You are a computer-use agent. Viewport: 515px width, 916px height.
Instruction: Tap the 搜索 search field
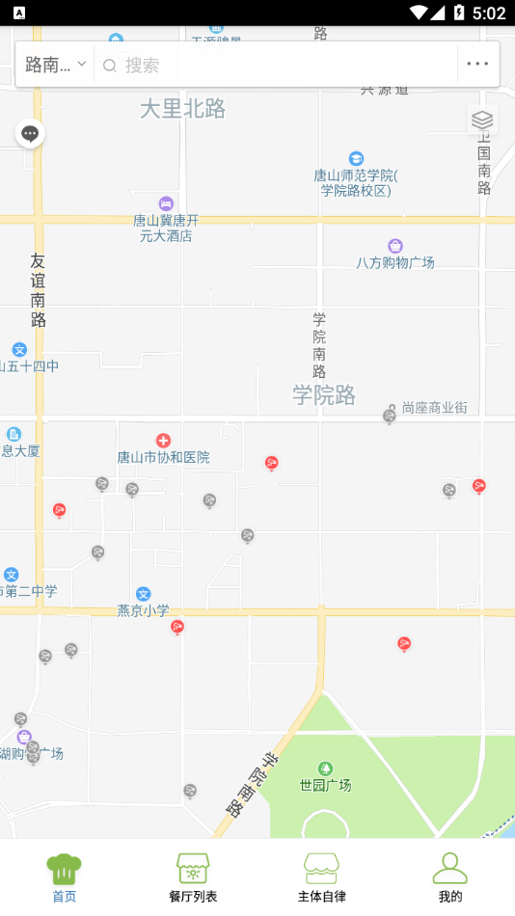point(280,65)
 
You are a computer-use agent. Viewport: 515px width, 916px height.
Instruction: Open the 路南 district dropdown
point(55,65)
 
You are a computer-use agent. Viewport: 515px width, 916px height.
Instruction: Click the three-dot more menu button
point(477,65)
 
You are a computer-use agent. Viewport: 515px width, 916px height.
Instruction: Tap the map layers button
point(482,120)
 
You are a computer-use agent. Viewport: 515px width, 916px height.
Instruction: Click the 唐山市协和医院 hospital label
point(163,457)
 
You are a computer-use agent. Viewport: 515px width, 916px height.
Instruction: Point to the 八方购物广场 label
point(395,262)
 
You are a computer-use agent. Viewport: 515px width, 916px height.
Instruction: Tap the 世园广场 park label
point(325,785)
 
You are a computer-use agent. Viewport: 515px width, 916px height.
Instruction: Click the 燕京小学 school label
point(143,609)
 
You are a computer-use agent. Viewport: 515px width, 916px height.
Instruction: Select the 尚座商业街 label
point(434,408)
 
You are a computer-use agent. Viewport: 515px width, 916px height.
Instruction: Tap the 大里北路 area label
point(182,109)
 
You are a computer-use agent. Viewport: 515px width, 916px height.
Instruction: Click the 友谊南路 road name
point(38,289)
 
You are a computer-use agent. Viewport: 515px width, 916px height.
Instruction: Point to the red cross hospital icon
point(163,441)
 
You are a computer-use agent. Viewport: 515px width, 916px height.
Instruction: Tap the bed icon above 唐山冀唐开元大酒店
point(166,203)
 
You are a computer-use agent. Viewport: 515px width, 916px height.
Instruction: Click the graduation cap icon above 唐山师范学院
point(356,158)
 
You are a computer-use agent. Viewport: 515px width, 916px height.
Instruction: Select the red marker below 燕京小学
point(177,628)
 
